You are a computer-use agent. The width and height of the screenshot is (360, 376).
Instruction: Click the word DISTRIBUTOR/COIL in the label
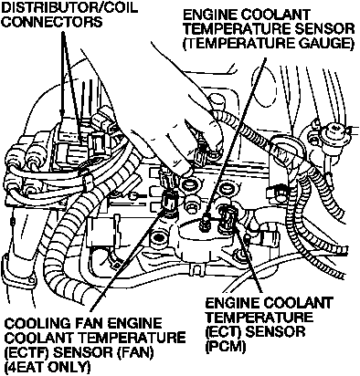pos(70,7)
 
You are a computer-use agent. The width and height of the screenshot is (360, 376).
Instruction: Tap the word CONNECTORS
pos(52,22)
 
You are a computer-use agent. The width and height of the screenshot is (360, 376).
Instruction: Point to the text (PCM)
pos(225,347)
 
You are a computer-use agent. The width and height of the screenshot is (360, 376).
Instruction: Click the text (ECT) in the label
pos(224,332)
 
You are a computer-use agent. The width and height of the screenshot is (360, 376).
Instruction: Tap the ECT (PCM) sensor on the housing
pos(227,219)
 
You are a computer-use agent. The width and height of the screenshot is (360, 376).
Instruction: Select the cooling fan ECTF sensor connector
pos(170,202)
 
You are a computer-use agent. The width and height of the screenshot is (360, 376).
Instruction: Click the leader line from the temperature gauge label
pos(236,137)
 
